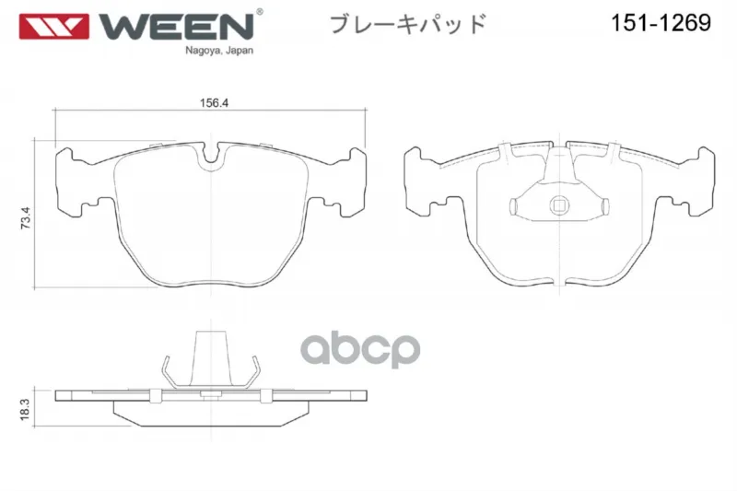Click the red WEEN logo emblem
53,27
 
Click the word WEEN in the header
176,27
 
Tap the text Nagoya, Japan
219,51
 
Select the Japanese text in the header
407,24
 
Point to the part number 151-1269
661,22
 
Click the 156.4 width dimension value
214,103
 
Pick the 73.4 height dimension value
26,217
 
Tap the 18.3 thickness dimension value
25,409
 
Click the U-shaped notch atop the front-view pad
211,158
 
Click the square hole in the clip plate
559,205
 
